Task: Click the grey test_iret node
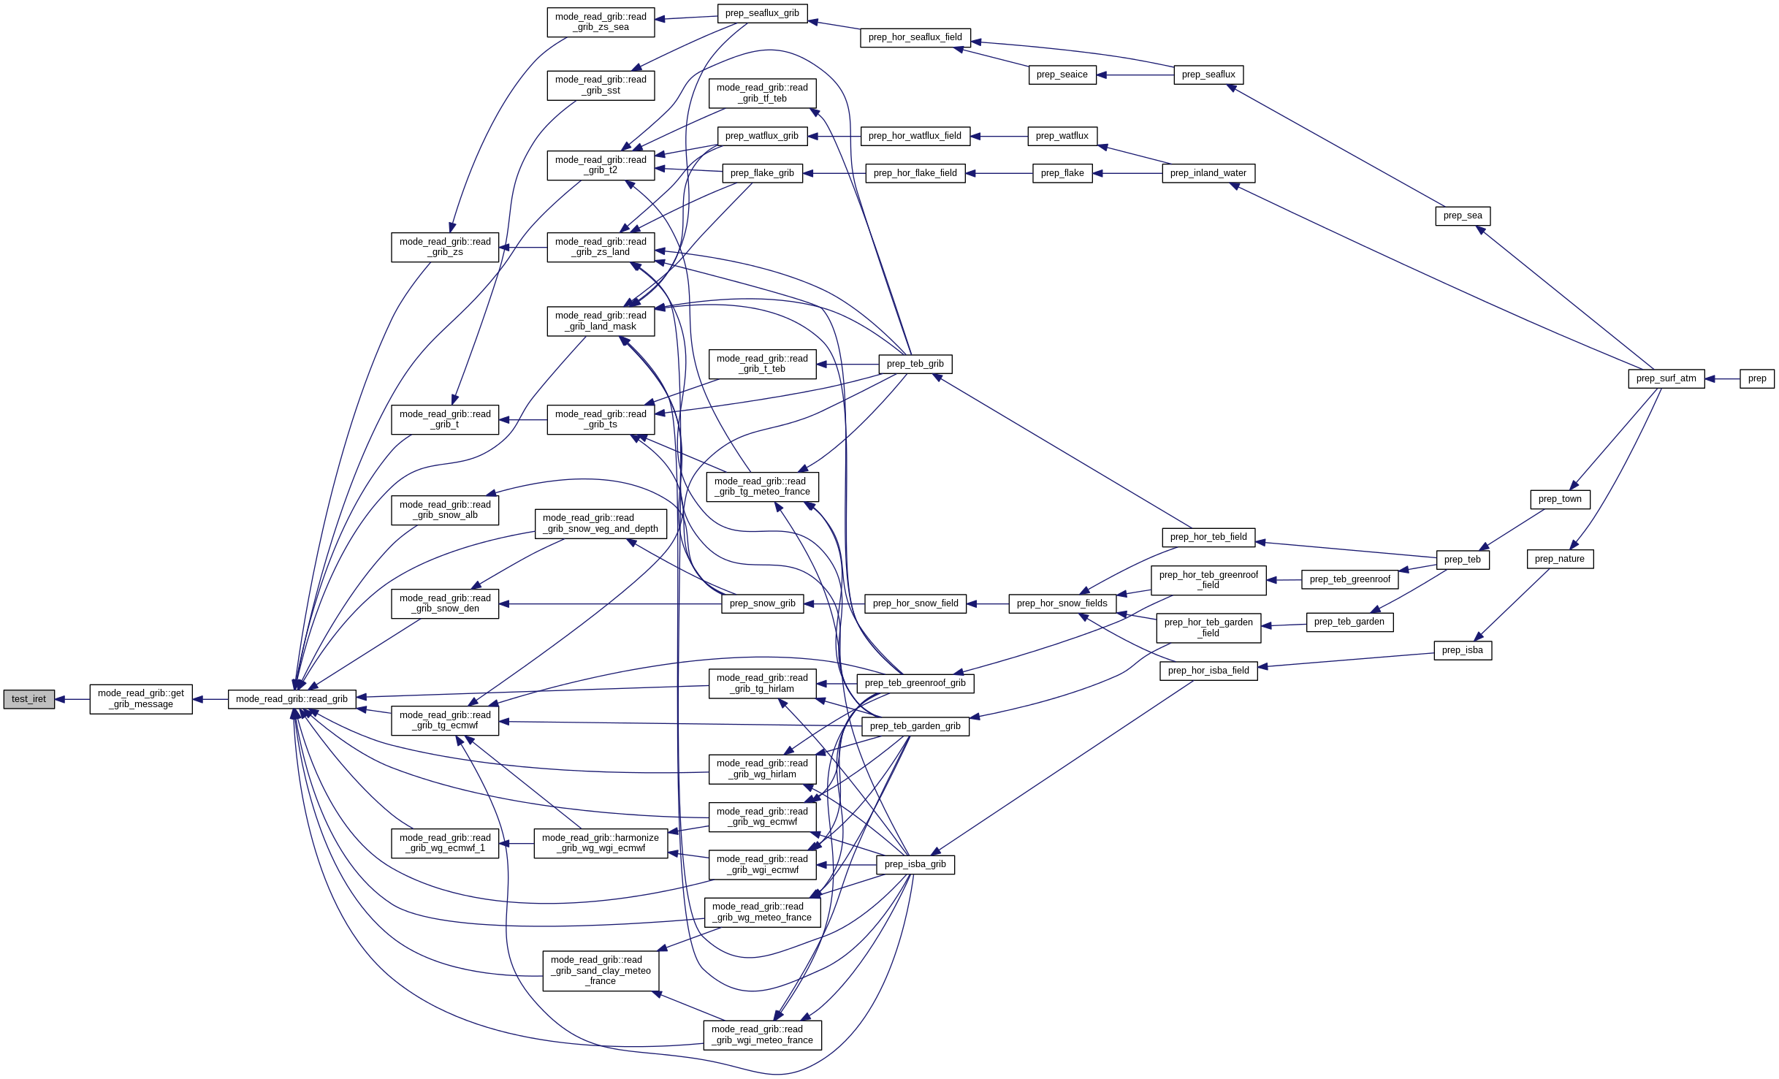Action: tap(29, 699)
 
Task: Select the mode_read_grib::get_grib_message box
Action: tap(141, 699)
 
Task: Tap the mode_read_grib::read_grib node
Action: tap(292, 699)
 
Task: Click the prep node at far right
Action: tap(1757, 378)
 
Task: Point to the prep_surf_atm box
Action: tap(1666, 378)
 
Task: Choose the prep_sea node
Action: tap(1462, 216)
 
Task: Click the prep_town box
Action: tap(1559, 499)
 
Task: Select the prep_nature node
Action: tap(1559, 559)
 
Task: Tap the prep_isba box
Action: tap(1462, 650)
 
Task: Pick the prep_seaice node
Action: tap(1062, 75)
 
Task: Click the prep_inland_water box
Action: tap(1208, 173)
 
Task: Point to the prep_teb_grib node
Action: tap(915, 364)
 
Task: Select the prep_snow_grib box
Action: tap(762, 603)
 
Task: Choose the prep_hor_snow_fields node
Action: tap(1062, 603)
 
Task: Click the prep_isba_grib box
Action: tap(915, 864)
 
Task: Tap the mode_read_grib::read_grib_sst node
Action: tap(601, 85)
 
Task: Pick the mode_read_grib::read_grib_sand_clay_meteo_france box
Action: tap(601, 971)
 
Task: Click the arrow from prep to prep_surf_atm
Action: tap(1722, 379)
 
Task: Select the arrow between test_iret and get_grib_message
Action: tap(72, 699)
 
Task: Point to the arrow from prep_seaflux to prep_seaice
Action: tap(1135, 75)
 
